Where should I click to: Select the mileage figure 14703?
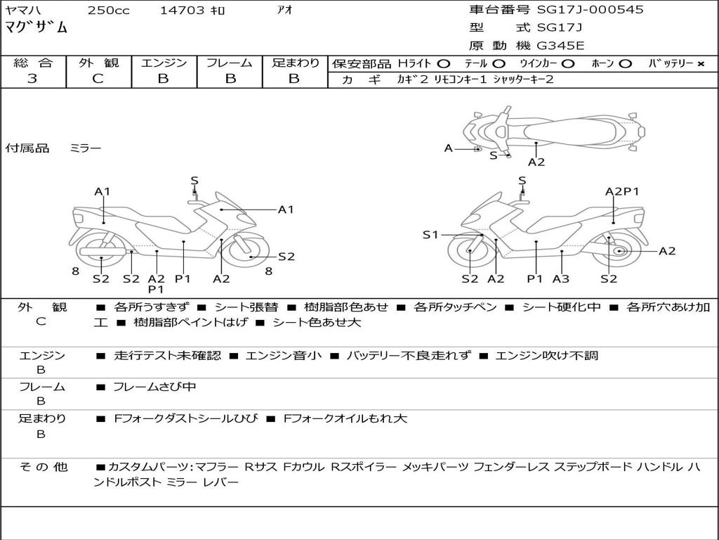tap(182, 11)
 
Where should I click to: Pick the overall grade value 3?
tap(32, 79)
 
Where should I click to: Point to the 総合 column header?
tap(32, 63)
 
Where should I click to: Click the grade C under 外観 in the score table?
tap(98, 79)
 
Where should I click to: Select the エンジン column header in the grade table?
tap(164, 63)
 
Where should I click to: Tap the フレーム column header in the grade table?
tap(229, 63)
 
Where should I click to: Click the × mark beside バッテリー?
tap(700, 63)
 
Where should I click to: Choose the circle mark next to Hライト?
tap(443, 63)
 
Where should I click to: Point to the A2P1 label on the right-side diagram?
tap(622, 191)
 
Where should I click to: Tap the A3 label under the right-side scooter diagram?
tap(560, 279)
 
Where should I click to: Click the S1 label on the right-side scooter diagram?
tap(430, 235)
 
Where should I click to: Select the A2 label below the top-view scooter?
tap(536, 162)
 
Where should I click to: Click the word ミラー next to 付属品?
tap(85, 148)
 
